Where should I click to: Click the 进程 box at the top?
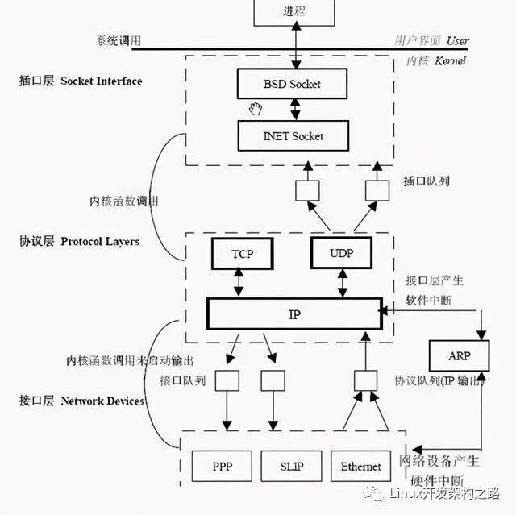click(x=294, y=11)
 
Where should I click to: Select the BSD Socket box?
click(x=293, y=83)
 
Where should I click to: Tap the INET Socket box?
click(x=293, y=135)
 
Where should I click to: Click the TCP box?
click(x=242, y=253)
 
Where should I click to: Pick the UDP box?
click(x=342, y=253)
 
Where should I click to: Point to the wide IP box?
click(x=293, y=314)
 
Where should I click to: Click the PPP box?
click(x=223, y=467)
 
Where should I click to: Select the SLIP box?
click(x=291, y=467)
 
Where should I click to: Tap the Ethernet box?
click(x=360, y=467)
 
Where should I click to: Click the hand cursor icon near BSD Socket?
click(x=256, y=108)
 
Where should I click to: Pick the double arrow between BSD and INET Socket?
click(x=296, y=109)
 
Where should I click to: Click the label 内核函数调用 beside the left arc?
click(x=123, y=201)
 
